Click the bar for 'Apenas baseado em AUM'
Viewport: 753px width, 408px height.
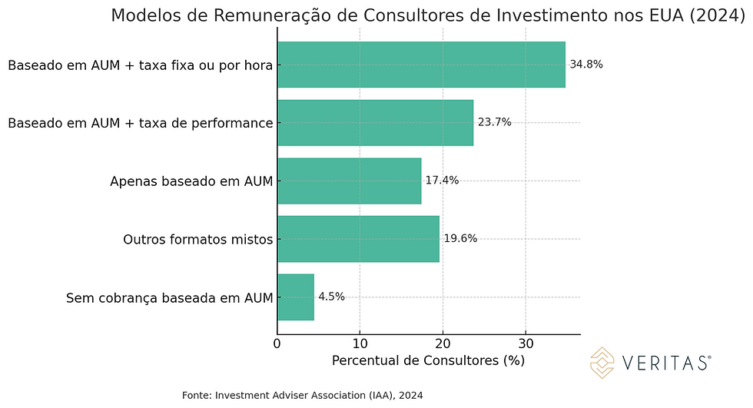click(x=349, y=181)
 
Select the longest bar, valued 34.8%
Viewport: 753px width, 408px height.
click(x=421, y=65)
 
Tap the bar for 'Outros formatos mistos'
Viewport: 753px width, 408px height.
click(x=358, y=238)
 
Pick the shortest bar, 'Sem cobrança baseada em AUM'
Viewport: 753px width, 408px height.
click(x=296, y=297)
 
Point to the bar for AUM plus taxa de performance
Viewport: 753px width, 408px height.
click(x=375, y=122)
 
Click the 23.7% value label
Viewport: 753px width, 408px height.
click(x=494, y=122)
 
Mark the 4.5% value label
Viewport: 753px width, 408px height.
click(x=331, y=297)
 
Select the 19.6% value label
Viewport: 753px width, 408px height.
click(x=460, y=238)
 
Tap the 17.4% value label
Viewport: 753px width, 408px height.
click(x=442, y=181)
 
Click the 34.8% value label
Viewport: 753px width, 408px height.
click(x=586, y=65)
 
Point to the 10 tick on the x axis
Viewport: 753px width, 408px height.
click(x=360, y=343)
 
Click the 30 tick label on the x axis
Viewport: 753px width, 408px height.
click(x=526, y=343)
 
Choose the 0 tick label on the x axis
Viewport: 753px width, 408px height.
click(x=277, y=343)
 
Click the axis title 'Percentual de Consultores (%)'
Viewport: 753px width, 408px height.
click(x=428, y=360)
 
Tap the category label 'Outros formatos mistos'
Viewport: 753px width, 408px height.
click(x=198, y=239)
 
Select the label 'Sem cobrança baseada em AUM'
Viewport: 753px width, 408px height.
click(x=170, y=297)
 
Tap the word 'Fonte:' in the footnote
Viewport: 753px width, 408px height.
click(x=197, y=395)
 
